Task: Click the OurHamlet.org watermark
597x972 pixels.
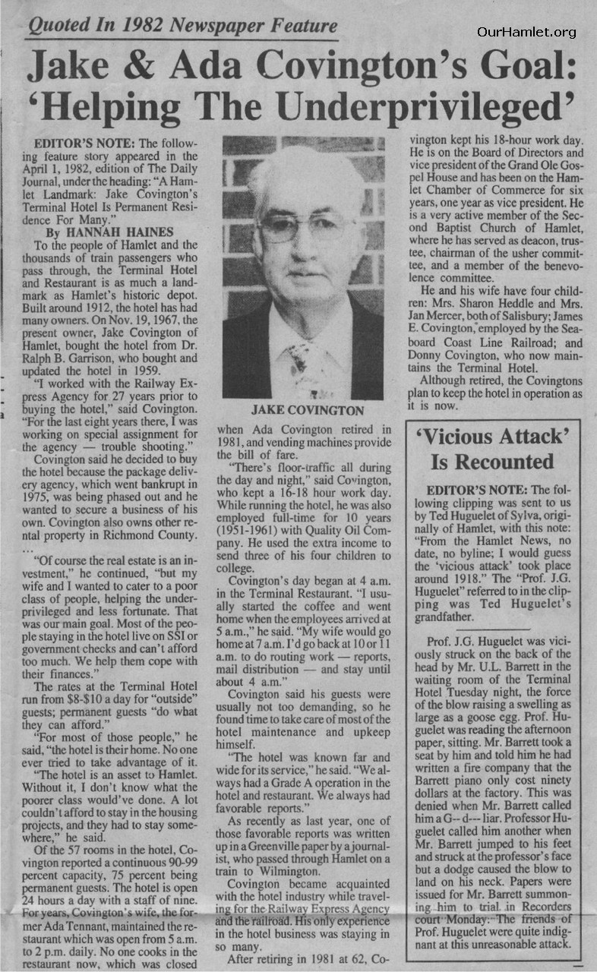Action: tap(526, 32)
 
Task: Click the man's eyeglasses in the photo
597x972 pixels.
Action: tap(308, 226)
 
